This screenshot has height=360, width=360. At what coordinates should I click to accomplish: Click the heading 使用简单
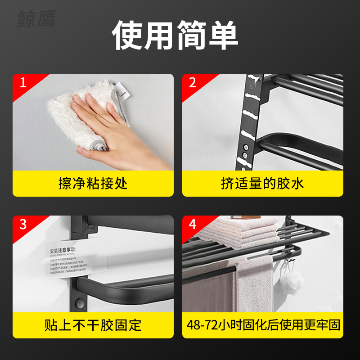(175, 36)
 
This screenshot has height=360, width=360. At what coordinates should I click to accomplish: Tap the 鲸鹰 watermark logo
(36, 19)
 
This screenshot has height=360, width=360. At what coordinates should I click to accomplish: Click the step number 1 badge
(23, 83)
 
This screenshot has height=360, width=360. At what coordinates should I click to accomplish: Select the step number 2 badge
(193, 83)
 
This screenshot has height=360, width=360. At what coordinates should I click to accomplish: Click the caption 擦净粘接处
(93, 184)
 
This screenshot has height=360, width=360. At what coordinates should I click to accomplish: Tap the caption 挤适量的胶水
(262, 184)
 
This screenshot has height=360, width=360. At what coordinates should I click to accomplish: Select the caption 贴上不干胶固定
(93, 325)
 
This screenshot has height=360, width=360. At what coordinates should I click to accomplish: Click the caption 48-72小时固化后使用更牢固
(262, 325)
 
